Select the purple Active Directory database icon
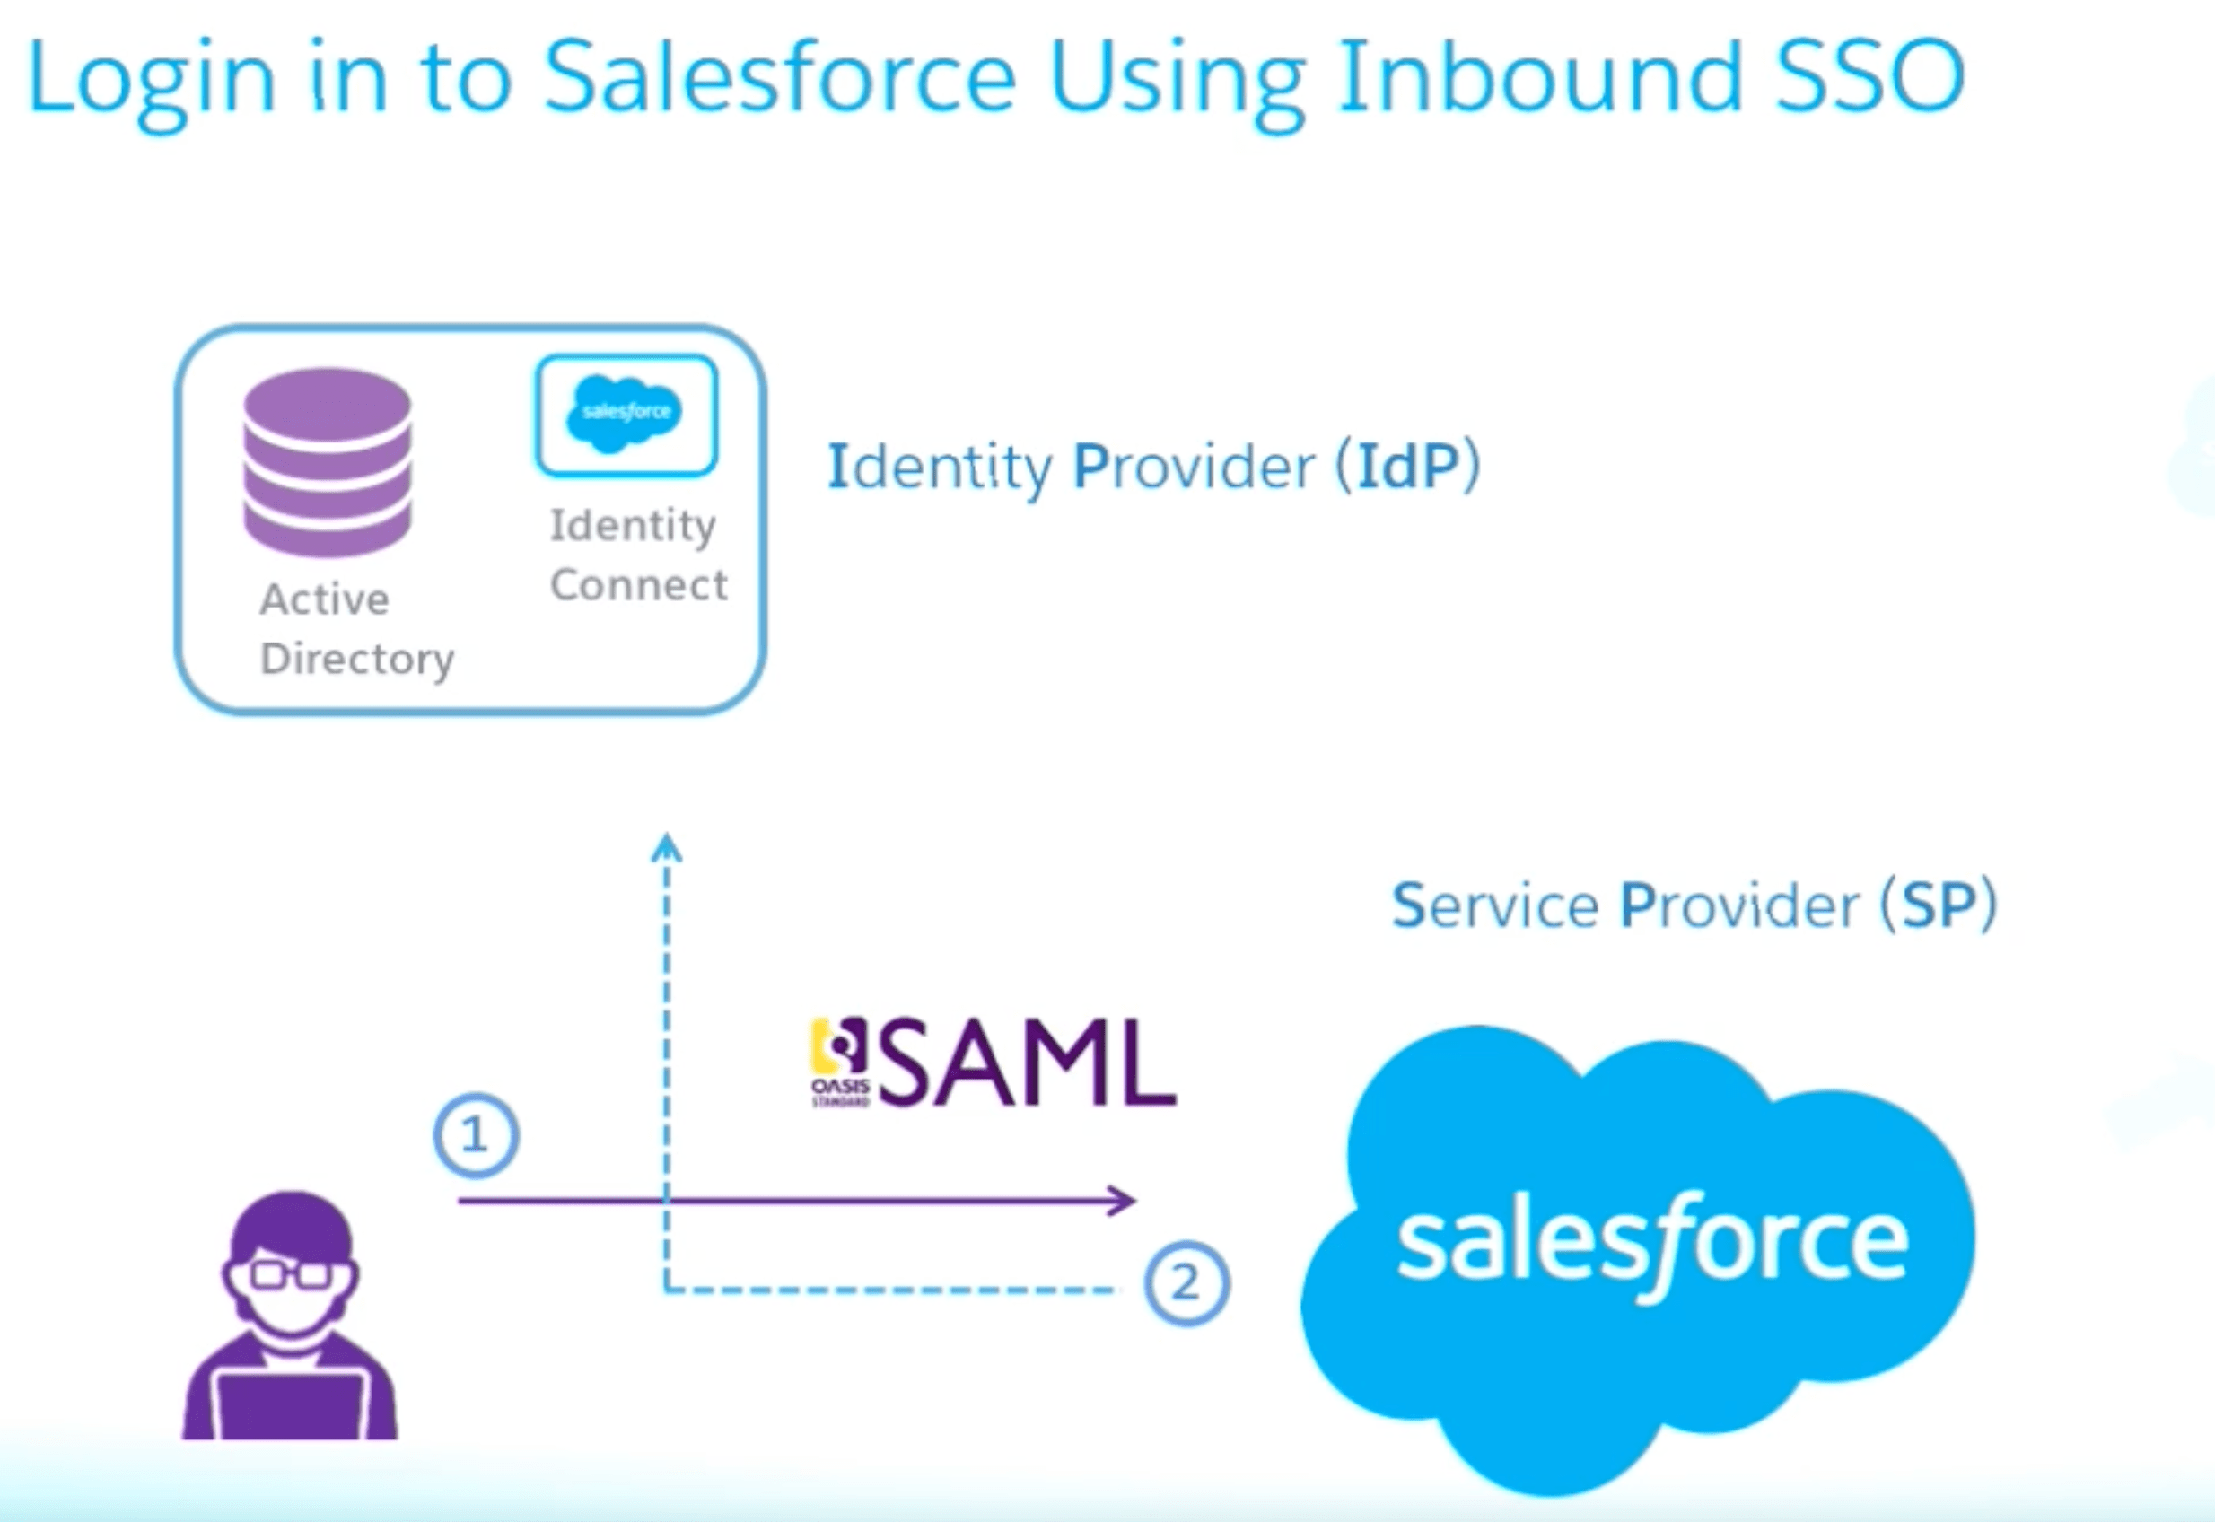tap(327, 461)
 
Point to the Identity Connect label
tap(637, 555)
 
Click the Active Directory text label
tap(355, 629)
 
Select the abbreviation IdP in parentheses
tap(1407, 467)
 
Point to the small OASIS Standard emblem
tap(839, 1063)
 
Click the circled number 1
tap(476, 1135)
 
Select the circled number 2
tap(1186, 1282)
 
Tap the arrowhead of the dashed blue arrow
tap(667, 847)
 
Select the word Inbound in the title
tap(1540, 78)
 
